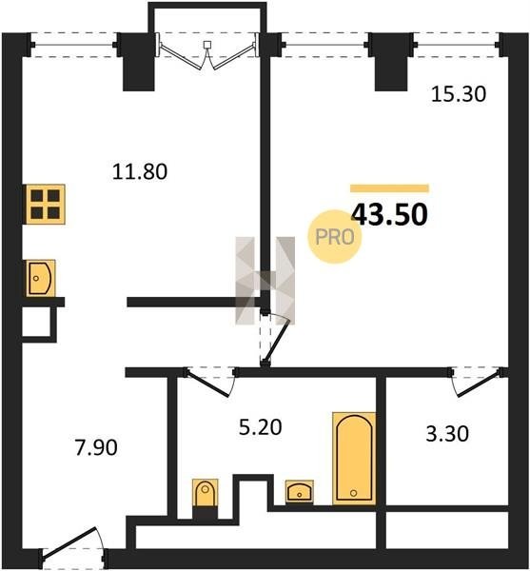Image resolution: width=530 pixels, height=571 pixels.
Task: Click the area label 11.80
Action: click(140, 171)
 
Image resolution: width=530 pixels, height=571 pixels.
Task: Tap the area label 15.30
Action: click(459, 93)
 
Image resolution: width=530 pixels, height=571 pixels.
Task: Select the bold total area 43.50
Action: click(389, 214)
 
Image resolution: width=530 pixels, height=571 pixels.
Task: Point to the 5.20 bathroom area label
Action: click(261, 426)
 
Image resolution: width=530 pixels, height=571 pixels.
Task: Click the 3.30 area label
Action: click(447, 434)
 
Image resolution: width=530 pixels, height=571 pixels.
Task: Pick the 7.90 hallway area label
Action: click(96, 447)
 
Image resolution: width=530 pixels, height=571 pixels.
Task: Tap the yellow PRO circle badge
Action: click(335, 237)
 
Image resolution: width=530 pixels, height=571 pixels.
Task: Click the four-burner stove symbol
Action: click(45, 204)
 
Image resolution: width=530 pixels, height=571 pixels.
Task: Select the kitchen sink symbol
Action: click(40, 278)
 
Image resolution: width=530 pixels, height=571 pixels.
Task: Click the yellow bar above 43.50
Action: click(389, 188)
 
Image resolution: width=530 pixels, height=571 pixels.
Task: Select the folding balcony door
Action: click(207, 54)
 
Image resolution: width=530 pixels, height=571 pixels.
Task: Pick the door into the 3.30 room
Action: click(478, 382)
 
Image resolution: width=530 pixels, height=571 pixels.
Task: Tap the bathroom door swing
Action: click(210, 383)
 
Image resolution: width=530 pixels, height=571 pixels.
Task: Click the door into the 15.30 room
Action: click(275, 338)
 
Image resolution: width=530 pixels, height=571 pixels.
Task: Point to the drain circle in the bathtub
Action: click(353, 493)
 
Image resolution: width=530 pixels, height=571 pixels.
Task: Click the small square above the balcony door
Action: click(207, 45)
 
